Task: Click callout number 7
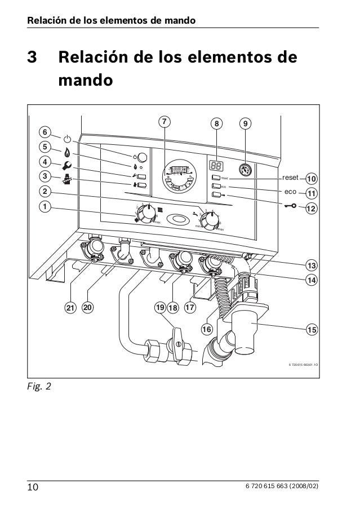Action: (163, 122)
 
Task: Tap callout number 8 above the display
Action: (215, 123)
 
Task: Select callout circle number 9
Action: (245, 123)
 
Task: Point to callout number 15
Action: (311, 328)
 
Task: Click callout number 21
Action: (69, 308)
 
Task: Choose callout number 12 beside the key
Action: (311, 209)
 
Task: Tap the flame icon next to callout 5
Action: (68, 152)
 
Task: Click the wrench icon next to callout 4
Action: (68, 166)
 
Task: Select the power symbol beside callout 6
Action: (68, 138)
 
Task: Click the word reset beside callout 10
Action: (290, 178)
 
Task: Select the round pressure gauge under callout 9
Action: (245, 168)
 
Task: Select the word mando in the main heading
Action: (86, 79)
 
